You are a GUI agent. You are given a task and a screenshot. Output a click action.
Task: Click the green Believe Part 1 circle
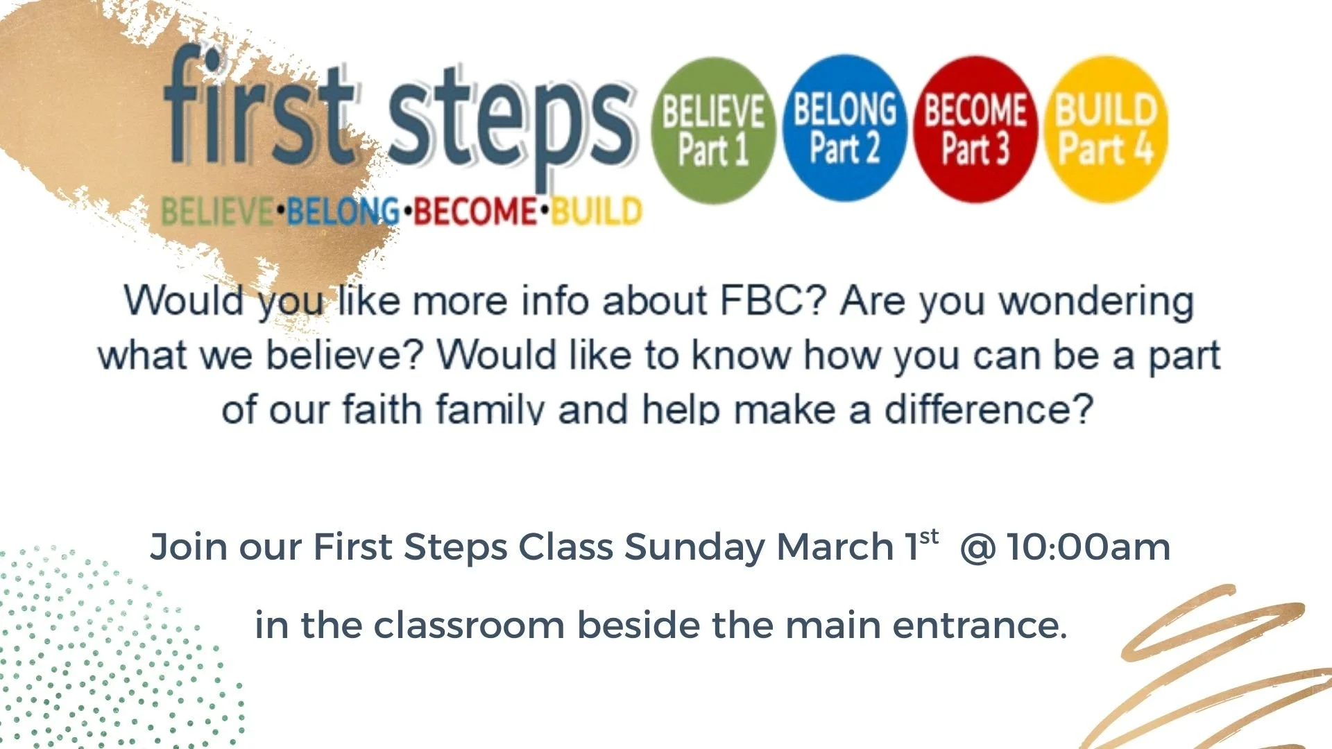point(713,130)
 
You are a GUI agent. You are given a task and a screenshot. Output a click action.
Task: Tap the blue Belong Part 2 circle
point(844,129)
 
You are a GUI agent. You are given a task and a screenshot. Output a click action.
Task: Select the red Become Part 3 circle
point(975,130)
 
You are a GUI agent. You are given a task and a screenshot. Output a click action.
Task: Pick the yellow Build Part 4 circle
point(1106,130)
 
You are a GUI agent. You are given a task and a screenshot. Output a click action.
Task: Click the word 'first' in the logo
point(259,111)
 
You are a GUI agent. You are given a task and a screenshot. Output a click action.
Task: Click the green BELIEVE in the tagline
point(217,212)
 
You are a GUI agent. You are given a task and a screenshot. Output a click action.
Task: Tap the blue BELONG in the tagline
point(343,212)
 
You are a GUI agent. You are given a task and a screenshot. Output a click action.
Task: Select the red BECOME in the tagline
point(475,212)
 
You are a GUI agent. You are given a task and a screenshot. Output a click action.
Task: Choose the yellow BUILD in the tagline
point(597,212)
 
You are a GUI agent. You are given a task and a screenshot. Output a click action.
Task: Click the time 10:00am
point(1089,546)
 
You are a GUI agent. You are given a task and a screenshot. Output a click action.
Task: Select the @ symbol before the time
point(977,546)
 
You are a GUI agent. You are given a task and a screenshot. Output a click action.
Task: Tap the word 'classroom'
point(469,625)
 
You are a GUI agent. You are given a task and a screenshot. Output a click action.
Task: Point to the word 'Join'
point(188,546)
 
